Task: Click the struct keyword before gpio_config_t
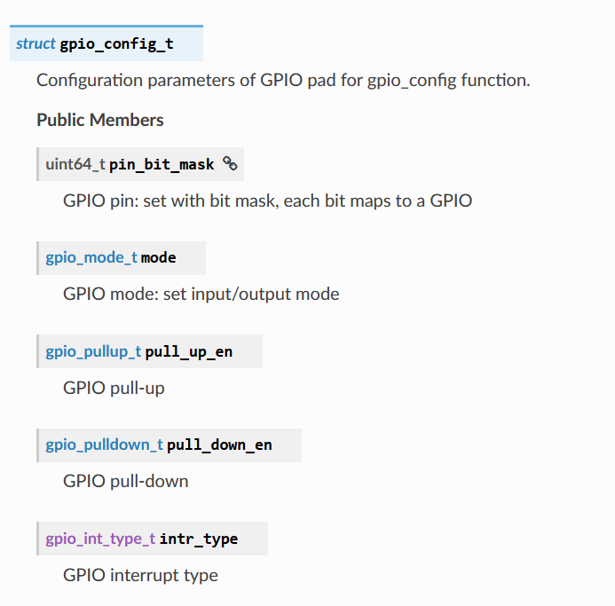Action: pos(35,43)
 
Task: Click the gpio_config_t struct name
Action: pos(116,43)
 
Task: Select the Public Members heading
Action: pos(100,120)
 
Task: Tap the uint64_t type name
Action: pos(75,164)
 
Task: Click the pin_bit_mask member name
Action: pos(162,164)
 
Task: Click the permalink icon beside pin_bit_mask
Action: pos(230,163)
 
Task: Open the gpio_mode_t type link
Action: pos(91,258)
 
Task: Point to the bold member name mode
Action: pos(159,258)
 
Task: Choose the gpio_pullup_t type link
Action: pos(93,351)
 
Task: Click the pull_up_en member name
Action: pos(189,351)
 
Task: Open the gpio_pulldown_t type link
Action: pos(104,445)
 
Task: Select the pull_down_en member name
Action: pos(219,445)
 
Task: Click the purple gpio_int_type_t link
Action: pos(100,539)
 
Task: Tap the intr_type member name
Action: pos(199,539)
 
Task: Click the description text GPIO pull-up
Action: pos(114,388)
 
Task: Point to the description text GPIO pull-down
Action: pos(125,481)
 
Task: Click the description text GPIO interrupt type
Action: pos(140,575)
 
